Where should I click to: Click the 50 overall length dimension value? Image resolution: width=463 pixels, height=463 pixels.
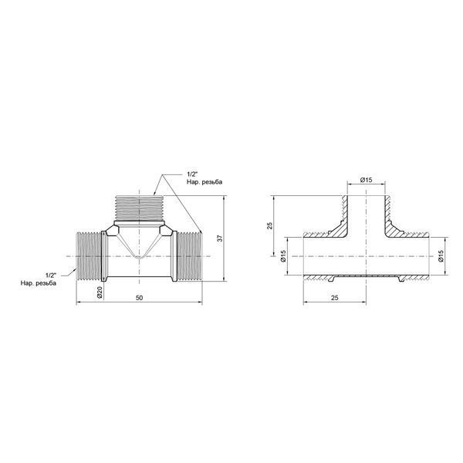pyautogui.click(x=139, y=298)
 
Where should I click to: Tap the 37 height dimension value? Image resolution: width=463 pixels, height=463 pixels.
pyautogui.click(x=220, y=238)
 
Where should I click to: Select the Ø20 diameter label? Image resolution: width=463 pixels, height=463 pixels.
pyautogui.click(x=100, y=292)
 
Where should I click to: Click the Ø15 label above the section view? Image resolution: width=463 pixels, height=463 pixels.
pyautogui.click(x=366, y=180)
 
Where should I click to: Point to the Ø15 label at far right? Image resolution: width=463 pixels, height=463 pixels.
pyautogui.click(x=441, y=255)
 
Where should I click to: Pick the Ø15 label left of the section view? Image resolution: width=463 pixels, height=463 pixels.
pyautogui.click(x=283, y=255)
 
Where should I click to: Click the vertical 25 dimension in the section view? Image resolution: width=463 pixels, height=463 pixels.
pyautogui.click(x=269, y=225)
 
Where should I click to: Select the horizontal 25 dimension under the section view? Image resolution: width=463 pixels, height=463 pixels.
pyautogui.click(x=334, y=298)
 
